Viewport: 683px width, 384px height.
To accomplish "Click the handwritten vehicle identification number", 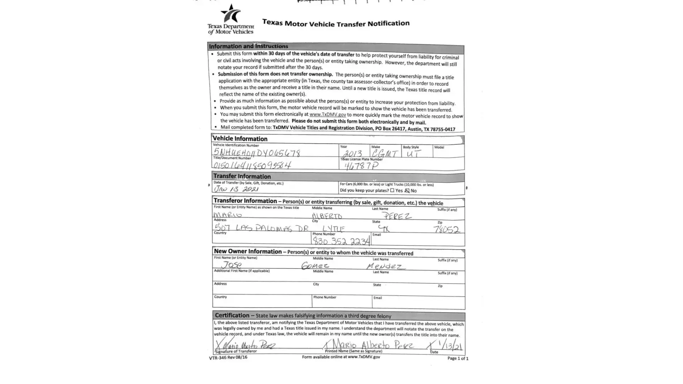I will (x=257, y=153).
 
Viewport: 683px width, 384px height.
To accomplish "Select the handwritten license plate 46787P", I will (x=361, y=166).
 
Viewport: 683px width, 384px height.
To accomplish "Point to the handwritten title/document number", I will (x=252, y=165).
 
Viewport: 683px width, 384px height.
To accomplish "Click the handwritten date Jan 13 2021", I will (x=236, y=189).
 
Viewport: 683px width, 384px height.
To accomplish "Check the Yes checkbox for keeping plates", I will (x=392, y=190).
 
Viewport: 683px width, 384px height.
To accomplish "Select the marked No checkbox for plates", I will (x=407, y=190).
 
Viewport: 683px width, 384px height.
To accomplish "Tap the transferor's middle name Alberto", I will (x=327, y=216).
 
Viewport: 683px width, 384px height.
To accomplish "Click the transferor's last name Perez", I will (x=397, y=216).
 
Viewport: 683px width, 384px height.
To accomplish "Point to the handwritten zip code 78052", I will (x=446, y=230).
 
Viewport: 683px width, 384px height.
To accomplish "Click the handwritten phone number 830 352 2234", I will (x=341, y=241).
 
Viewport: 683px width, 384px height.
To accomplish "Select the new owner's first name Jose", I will (x=232, y=265).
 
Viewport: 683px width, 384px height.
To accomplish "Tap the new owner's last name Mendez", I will (x=385, y=266).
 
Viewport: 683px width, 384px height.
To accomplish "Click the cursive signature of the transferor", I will (x=246, y=344).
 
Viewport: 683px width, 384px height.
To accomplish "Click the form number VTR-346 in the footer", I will (x=228, y=358).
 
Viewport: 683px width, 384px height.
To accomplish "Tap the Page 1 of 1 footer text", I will (x=458, y=358).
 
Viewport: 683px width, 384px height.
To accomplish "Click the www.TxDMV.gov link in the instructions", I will (x=328, y=114).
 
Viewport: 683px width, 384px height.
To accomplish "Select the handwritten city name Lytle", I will (x=333, y=229).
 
